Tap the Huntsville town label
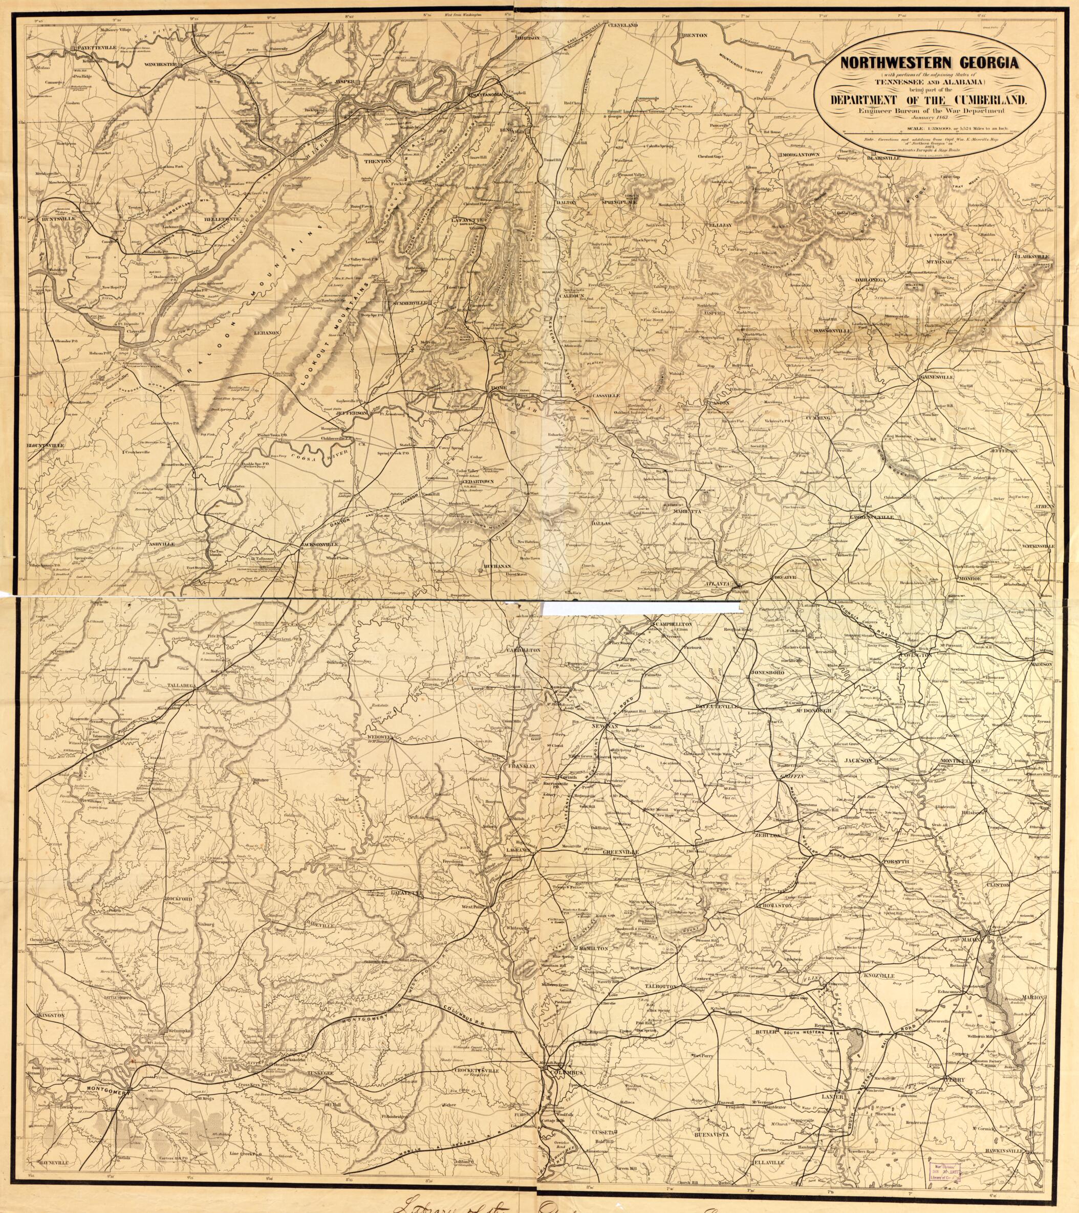[55, 219]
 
